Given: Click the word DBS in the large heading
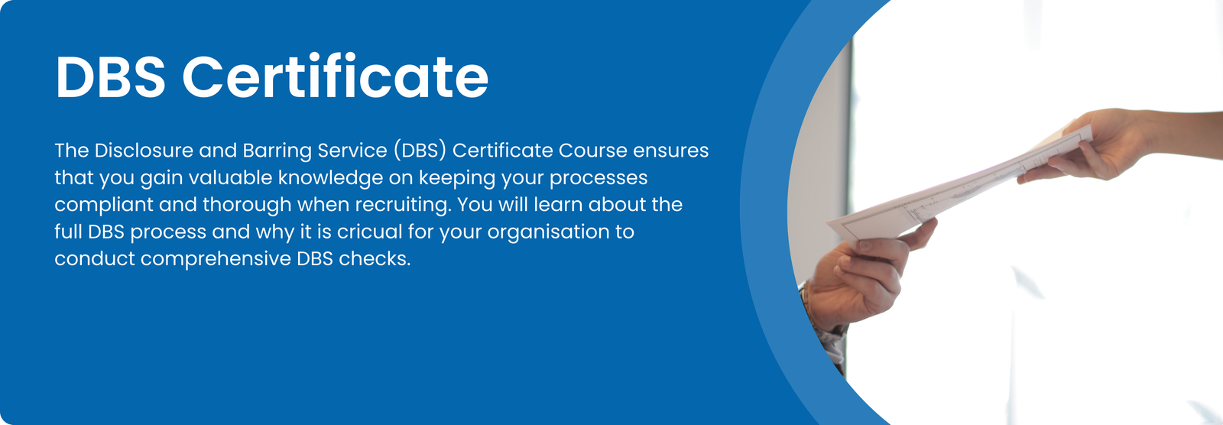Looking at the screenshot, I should [x=110, y=77].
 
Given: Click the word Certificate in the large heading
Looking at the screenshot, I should [x=335, y=77].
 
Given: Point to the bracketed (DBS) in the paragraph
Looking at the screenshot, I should [x=420, y=151].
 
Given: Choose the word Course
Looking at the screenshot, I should [x=592, y=151].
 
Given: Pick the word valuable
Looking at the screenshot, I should [x=230, y=178].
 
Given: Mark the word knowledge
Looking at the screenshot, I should [x=330, y=178].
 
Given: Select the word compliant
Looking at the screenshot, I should [x=104, y=205].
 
